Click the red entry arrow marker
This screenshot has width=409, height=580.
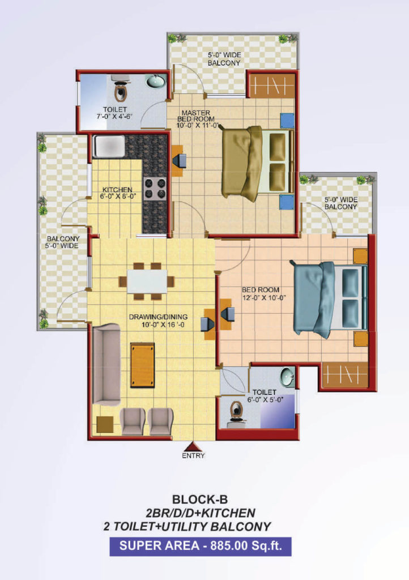(x=193, y=446)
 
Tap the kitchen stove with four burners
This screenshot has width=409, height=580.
(x=155, y=188)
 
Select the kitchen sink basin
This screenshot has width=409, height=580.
(x=109, y=146)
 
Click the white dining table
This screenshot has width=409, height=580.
(x=147, y=282)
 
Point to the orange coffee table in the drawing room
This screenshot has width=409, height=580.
(x=142, y=365)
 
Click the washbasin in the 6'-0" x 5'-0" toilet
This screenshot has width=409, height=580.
(x=288, y=377)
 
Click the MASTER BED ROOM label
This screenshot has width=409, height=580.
(x=196, y=116)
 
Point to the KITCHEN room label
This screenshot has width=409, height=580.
(x=117, y=189)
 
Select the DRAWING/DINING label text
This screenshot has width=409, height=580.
(x=158, y=317)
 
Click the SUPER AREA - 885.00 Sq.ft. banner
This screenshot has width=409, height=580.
(x=201, y=547)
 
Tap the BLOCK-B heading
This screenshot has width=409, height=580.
(x=200, y=500)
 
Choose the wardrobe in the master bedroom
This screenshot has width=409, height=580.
(x=272, y=86)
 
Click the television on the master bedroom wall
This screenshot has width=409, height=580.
(x=180, y=160)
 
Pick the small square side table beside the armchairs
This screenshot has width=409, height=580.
(x=105, y=425)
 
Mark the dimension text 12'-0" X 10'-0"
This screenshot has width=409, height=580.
(x=265, y=298)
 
